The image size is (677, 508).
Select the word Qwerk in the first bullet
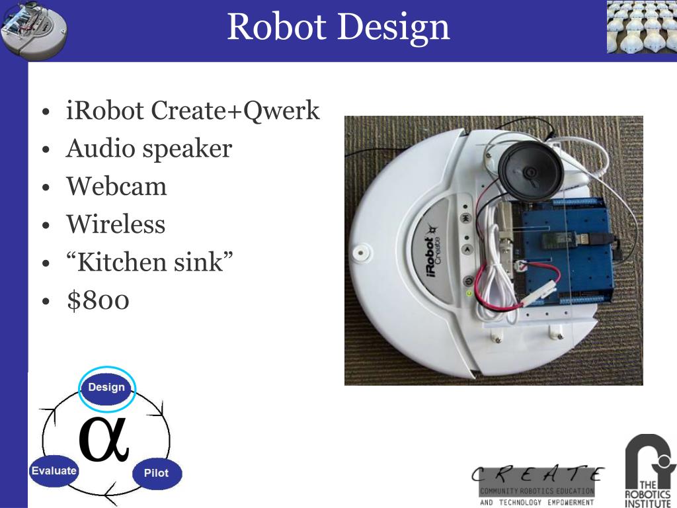(282, 110)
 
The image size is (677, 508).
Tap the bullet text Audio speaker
(149, 148)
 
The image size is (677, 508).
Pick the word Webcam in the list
(116, 187)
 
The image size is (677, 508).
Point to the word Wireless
(116, 224)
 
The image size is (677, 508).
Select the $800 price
(98, 300)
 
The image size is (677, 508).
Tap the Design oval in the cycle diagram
(106, 387)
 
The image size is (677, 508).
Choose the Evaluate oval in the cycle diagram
(54, 470)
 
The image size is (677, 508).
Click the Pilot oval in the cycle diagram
(156, 473)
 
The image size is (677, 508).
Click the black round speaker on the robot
(530, 171)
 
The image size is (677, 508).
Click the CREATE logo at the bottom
(537, 485)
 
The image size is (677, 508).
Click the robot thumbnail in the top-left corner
(33, 30)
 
